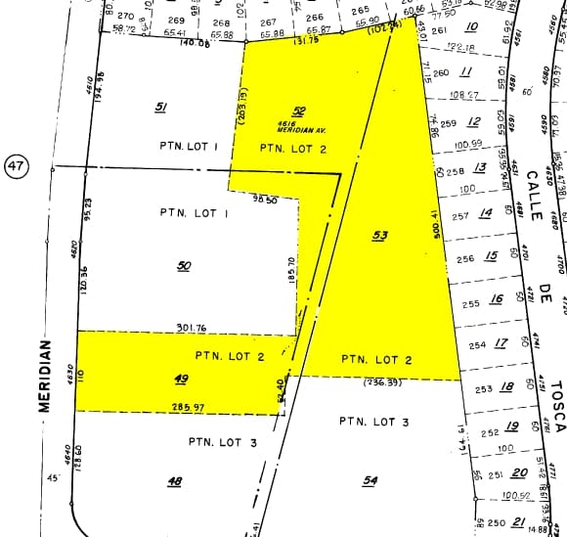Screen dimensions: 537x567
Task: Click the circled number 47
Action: (x=16, y=167)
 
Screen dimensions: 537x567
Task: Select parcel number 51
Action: (x=161, y=107)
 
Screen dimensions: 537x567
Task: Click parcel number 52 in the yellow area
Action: (x=299, y=112)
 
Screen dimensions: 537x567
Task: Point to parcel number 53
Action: (x=380, y=235)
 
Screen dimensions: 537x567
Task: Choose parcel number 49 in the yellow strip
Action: (x=181, y=379)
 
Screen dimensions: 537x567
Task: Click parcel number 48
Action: (x=175, y=480)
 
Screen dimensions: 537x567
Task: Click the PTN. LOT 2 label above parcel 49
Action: (x=230, y=356)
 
